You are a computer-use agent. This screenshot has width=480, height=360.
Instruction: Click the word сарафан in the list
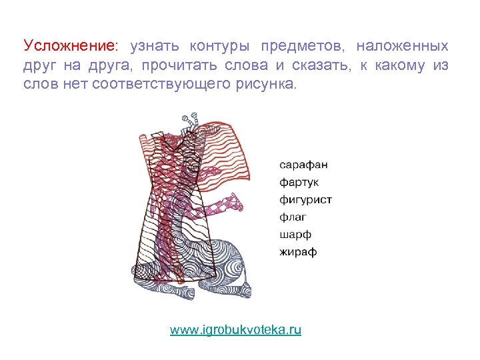tap(303, 164)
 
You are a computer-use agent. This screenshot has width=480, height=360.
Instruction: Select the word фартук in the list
tap(299, 181)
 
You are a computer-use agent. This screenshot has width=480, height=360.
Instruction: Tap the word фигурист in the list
tap(305, 199)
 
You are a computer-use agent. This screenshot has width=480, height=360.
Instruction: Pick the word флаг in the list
tap(293, 217)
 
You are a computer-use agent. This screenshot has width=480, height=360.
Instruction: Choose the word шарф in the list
tap(295, 235)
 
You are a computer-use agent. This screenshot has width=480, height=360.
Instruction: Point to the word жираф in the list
tap(298, 252)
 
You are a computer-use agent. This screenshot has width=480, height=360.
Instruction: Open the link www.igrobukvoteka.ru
tap(236, 329)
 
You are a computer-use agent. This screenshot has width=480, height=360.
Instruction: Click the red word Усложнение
tap(70, 46)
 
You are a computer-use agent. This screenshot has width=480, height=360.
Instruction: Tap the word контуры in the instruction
tap(219, 46)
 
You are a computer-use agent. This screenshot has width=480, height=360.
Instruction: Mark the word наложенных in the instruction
tap(402, 46)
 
